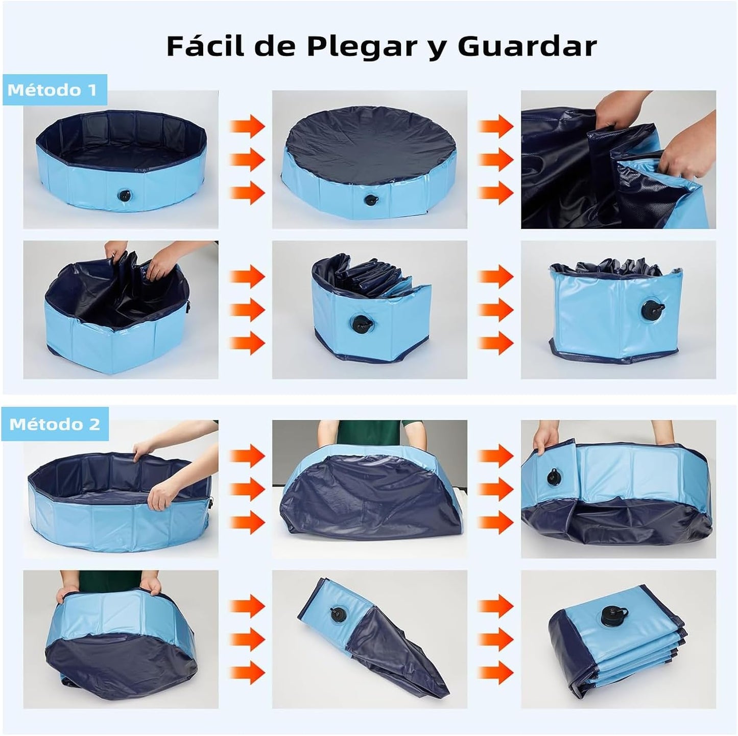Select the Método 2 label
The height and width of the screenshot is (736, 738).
[x=54, y=424]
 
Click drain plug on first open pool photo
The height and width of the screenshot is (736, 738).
[x=125, y=195]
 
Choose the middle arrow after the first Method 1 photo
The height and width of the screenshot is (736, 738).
[x=247, y=159]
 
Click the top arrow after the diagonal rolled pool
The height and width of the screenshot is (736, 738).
[x=495, y=606]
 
